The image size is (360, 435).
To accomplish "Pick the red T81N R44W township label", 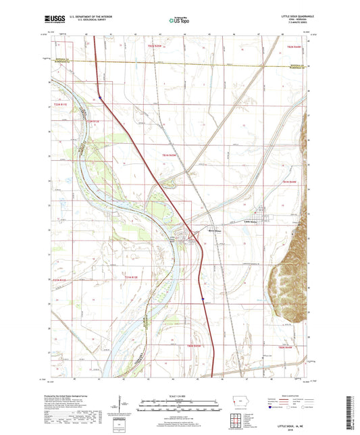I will click(x=290, y=182).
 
